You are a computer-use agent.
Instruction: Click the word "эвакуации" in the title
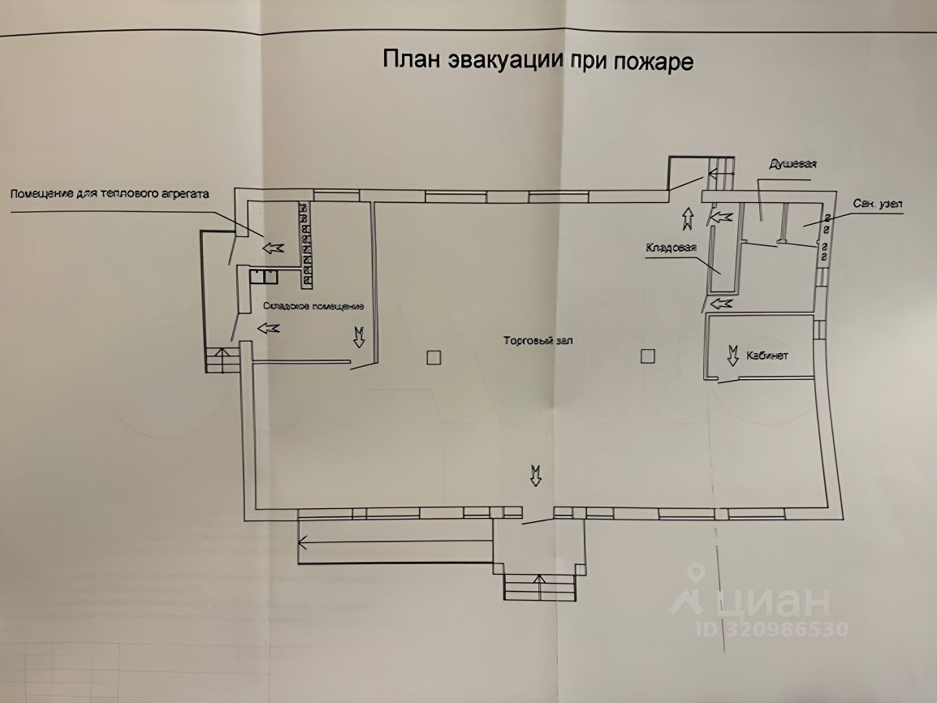pos(499,62)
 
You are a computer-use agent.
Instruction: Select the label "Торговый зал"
pos(538,341)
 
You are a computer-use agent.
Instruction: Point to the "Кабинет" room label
pos(770,356)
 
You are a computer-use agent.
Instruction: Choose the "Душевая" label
pos(792,164)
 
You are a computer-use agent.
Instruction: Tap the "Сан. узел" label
pos(879,203)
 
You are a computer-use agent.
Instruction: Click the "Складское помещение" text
pos(313,307)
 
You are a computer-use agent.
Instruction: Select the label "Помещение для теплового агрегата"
pos(110,195)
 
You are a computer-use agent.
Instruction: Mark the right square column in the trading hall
pos(646,356)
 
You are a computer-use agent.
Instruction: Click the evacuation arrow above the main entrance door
pos(535,474)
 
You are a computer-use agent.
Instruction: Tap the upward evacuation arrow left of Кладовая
pos(688,217)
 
